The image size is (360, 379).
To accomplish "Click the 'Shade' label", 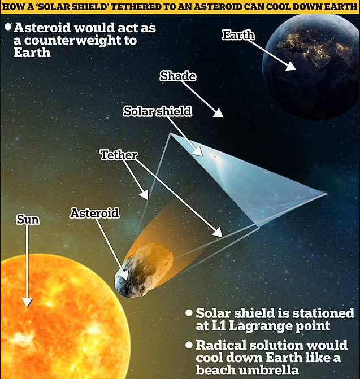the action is pos(177,76).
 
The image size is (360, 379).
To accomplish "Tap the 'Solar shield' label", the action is pos(158,111).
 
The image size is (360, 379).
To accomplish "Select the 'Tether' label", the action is pos(119,155).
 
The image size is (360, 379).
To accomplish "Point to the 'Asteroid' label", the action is pos(95,213).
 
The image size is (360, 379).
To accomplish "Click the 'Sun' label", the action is pos(28,220).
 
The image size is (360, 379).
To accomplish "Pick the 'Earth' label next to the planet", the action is pos(238,35).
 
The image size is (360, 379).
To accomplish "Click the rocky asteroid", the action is pos(144,269).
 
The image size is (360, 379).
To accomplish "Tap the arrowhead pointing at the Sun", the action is pos(27,302).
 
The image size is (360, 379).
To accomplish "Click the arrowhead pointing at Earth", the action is pos(290,66).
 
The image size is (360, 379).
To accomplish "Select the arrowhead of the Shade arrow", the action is pos(218,113).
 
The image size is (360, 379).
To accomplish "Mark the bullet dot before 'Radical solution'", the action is pos(189,345).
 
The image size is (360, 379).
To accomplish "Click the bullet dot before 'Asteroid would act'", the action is pos(8,27).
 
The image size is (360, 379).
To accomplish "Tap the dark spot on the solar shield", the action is pos(214,156).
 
